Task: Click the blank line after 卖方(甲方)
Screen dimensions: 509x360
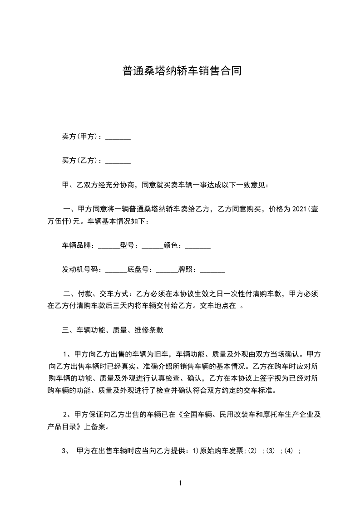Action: point(118,137)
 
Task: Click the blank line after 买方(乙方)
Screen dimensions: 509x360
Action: point(118,161)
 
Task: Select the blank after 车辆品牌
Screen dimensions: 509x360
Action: point(109,246)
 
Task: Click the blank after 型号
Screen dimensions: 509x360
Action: point(152,246)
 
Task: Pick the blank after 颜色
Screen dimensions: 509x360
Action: point(198,246)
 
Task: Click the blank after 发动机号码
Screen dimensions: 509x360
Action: point(116,270)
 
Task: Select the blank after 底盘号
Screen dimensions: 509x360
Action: point(167,270)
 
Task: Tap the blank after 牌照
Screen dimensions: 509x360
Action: point(212,270)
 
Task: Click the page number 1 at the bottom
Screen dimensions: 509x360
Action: point(180,483)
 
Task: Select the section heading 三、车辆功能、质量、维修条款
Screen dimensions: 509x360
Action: point(112,330)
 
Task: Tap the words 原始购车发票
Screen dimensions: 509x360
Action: point(222,451)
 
